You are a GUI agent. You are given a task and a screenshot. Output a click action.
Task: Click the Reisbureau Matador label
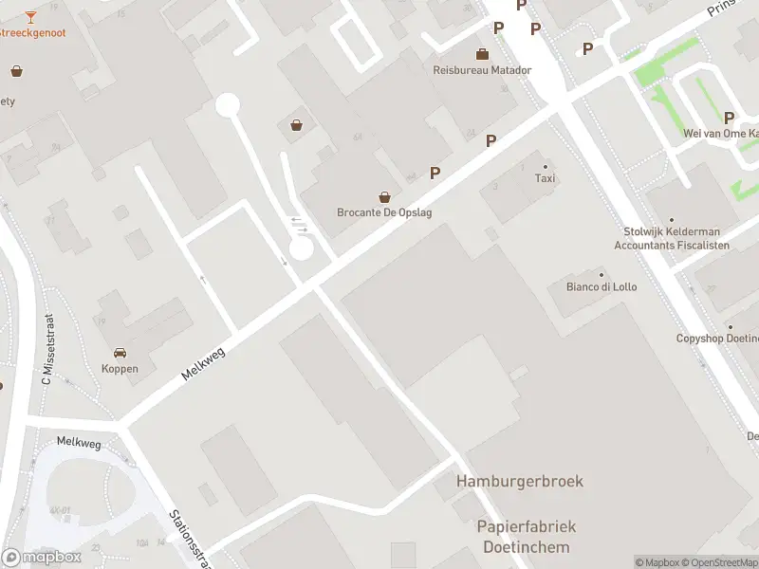482,70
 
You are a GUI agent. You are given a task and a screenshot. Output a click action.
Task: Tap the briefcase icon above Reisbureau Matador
483,53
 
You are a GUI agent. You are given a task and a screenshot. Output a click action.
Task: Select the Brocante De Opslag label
384,212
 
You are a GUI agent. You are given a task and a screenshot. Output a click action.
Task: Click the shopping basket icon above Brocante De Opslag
384,197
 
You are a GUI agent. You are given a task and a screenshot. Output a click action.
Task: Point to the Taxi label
545,178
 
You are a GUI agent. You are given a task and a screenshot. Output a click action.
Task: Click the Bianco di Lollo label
601,286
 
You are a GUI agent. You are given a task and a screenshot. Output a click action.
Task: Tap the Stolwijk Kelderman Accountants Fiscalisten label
672,238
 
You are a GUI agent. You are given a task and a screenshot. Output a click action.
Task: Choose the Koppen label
120,369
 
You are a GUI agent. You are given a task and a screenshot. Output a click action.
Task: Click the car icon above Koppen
120,353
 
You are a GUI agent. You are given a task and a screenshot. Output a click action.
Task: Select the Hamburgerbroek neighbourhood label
519,481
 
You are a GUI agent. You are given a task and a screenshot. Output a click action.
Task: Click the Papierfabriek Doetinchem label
527,537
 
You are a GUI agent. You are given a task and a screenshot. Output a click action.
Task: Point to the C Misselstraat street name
46,350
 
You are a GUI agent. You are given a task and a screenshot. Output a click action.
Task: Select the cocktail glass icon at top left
30,16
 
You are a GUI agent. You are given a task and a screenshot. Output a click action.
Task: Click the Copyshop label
717,339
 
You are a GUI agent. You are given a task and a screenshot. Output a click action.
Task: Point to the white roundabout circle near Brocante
301,248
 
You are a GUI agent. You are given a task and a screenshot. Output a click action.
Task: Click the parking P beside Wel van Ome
729,118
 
